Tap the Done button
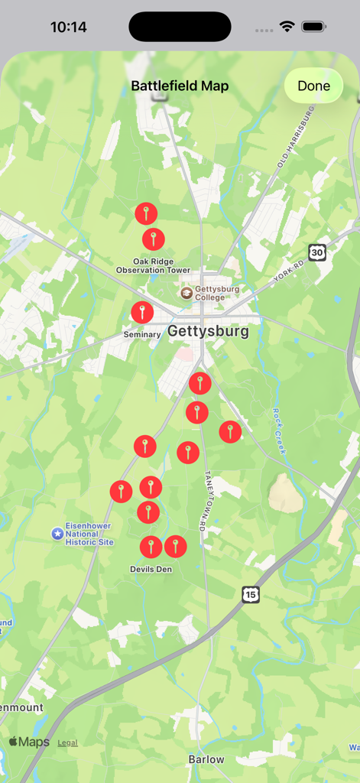click(x=313, y=86)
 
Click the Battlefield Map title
click(x=180, y=86)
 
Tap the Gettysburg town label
click(x=208, y=332)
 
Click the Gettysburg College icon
click(x=186, y=293)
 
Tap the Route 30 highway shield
click(x=317, y=252)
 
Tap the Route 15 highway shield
click(x=251, y=594)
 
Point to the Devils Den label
click(x=151, y=569)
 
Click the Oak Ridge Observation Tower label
click(x=153, y=265)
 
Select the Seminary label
click(x=141, y=334)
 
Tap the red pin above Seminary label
click(x=142, y=312)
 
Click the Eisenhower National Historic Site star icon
click(x=57, y=533)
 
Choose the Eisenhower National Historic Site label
click(x=89, y=534)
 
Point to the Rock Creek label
click(x=279, y=431)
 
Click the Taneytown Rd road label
click(x=205, y=500)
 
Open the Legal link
click(x=67, y=742)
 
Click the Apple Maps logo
click(x=29, y=742)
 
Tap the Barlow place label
click(x=206, y=759)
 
